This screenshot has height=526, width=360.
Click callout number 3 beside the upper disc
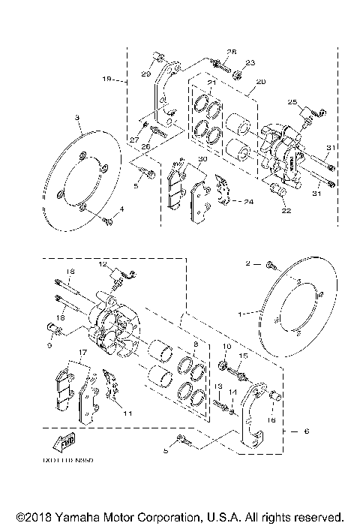78,119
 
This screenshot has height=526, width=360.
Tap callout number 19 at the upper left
106,78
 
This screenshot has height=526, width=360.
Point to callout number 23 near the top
250,62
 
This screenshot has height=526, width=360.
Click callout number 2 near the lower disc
247,264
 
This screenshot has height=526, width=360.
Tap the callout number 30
202,158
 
